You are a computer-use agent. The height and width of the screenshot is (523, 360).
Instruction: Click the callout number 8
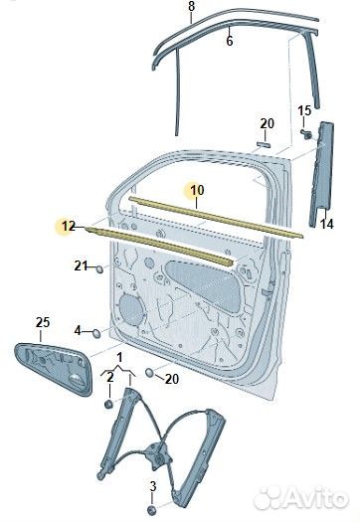pos(191,7)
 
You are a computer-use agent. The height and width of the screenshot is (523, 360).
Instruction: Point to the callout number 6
pos(230,41)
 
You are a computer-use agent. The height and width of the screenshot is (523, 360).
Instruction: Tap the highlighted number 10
pos(197,191)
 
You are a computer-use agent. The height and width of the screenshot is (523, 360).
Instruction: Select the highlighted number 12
pos(69,226)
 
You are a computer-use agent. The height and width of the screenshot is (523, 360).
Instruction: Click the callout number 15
pos(304,110)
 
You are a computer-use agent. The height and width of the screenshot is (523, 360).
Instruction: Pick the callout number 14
pos(327,224)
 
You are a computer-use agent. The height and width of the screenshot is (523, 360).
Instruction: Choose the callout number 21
pos(81,265)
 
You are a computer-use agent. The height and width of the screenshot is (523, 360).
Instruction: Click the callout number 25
pos(43,322)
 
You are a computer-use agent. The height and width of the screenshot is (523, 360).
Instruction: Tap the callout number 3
pos(153,486)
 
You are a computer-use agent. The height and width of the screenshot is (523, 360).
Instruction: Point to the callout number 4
pos(78,331)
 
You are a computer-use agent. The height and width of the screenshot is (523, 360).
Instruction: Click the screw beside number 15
pos(306,134)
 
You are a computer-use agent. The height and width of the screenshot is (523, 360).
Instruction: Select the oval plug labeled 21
pos(99,268)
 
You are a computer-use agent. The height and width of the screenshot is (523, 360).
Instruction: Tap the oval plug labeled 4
pos(96,333)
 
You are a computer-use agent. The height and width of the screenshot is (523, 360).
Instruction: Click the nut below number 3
pos(152,510)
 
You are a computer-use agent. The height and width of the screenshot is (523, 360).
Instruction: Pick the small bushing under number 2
pos(109,405)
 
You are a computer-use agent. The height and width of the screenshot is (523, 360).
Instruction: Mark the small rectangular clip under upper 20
pos(264,144)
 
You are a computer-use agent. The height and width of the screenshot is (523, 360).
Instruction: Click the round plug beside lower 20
pos(150,373)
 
